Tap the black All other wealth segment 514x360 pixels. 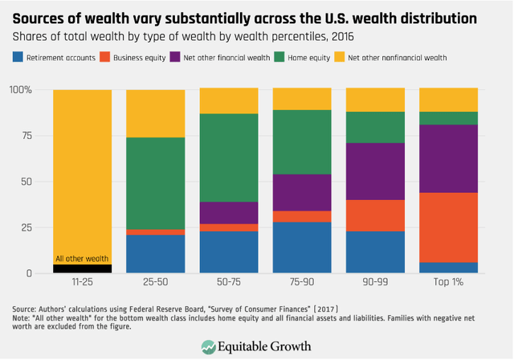coord(82,268)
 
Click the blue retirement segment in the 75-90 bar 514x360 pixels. coord(302,247)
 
